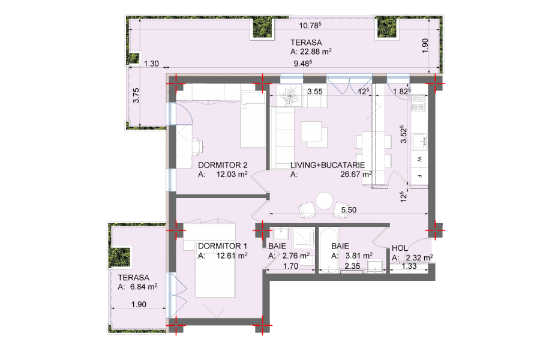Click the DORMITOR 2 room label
pos(223,166)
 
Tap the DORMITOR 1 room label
pos(223,247)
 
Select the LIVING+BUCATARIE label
pos(328,166)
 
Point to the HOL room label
pos(400,248)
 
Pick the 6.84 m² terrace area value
pos(143,287)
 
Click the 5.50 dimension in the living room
pos(349,210)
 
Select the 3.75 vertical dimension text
pos(136,95)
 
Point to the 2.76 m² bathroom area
pos(296,256)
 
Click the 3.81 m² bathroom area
pos(359,256)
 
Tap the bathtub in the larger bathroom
pos(328,250)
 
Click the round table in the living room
pos(325,200)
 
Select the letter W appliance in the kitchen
pos(419,159)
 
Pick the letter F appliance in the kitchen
pos(419,176)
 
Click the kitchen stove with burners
pos(419,103)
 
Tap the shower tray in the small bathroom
pos(304,238)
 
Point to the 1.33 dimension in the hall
pos(409,266)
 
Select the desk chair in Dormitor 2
pos(199,146)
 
